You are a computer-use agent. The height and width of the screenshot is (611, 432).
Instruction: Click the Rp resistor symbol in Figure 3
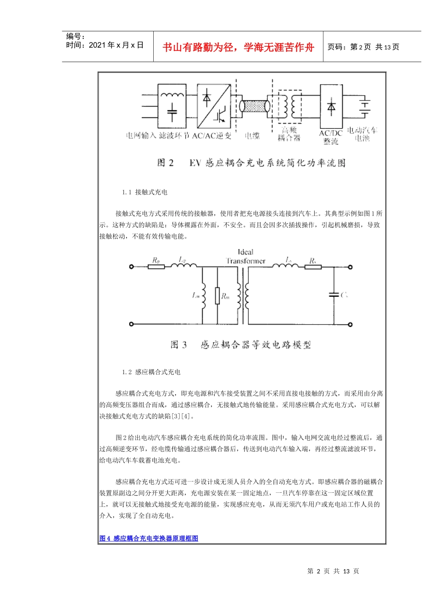(x=156, y=266)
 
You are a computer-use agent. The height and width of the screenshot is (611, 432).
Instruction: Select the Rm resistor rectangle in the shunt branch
(x=217, y=295)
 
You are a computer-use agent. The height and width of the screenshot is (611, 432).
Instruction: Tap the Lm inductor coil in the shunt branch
(x=203, y=295)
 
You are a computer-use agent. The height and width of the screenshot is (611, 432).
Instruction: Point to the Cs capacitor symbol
(x=334, y=295)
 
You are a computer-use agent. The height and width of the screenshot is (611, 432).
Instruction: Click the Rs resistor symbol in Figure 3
(x=313, y=266)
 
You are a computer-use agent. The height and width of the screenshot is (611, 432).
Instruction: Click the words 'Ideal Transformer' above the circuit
(x=246, y=256)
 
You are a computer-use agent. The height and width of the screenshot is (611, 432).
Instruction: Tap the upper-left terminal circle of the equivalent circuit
(x=131, y=266)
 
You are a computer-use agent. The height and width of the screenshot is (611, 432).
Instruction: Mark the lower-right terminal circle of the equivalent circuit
(x=351, y=324)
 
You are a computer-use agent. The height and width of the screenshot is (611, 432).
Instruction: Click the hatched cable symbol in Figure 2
(x=255, y=107)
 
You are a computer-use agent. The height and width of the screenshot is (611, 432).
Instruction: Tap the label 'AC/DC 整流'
(x=331, y=137)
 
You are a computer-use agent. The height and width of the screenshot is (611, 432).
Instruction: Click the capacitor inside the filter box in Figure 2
(x=172, y=113)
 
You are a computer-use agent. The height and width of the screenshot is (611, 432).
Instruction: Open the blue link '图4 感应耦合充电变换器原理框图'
(x=149, y=538)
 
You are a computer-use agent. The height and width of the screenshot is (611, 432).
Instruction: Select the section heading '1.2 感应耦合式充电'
(x=151, y=372)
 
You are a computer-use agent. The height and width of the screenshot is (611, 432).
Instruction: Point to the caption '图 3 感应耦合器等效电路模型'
(x=241, y=345)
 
